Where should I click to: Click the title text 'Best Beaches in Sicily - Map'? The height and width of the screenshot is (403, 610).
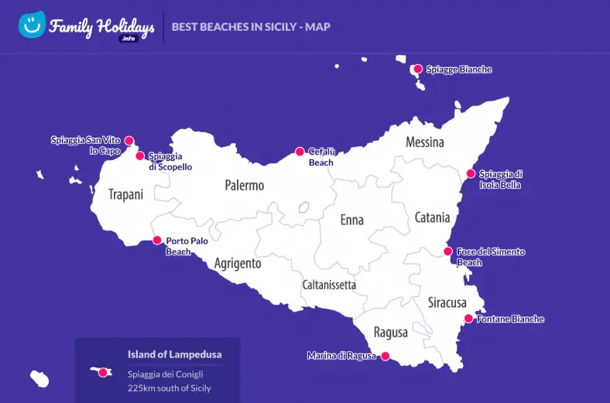click(x=251, y=27)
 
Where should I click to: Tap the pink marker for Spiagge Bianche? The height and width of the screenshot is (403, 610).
click(x=418, y=69)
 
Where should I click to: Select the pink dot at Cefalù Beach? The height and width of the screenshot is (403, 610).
click(x=300, y=152)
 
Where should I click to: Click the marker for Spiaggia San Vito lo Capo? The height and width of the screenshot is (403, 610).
click(x=129, y=141)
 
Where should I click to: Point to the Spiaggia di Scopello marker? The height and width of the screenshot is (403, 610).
click(x=140, y=155)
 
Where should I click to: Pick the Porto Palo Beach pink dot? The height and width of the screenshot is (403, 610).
click(x=157, y=241)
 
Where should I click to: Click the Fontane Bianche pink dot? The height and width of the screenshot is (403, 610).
click(x=468, y=319)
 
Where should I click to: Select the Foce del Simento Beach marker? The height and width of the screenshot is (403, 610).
click(x=447, y=251)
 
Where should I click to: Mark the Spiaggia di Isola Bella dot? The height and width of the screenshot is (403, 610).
click(x=470, y=174)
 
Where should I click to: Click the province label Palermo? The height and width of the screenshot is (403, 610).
click(x=244, y=186)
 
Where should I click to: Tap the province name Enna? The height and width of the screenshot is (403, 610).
click(x=351, y=220)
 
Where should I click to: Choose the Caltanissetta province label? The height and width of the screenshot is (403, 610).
click(x=329, y=285)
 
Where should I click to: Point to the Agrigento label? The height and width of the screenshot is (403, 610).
click(x=238, y=264)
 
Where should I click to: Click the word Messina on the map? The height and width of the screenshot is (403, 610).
click(x=425, y=142)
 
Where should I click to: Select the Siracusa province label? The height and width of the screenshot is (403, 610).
click(x=447, y=302)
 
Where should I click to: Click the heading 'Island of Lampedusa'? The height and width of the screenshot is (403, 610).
click(x=174, y=354)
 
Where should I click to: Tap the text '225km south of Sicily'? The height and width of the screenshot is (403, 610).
click(x=169, y=388)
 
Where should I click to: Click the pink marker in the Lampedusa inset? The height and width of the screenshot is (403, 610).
click(x=103, y=372)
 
